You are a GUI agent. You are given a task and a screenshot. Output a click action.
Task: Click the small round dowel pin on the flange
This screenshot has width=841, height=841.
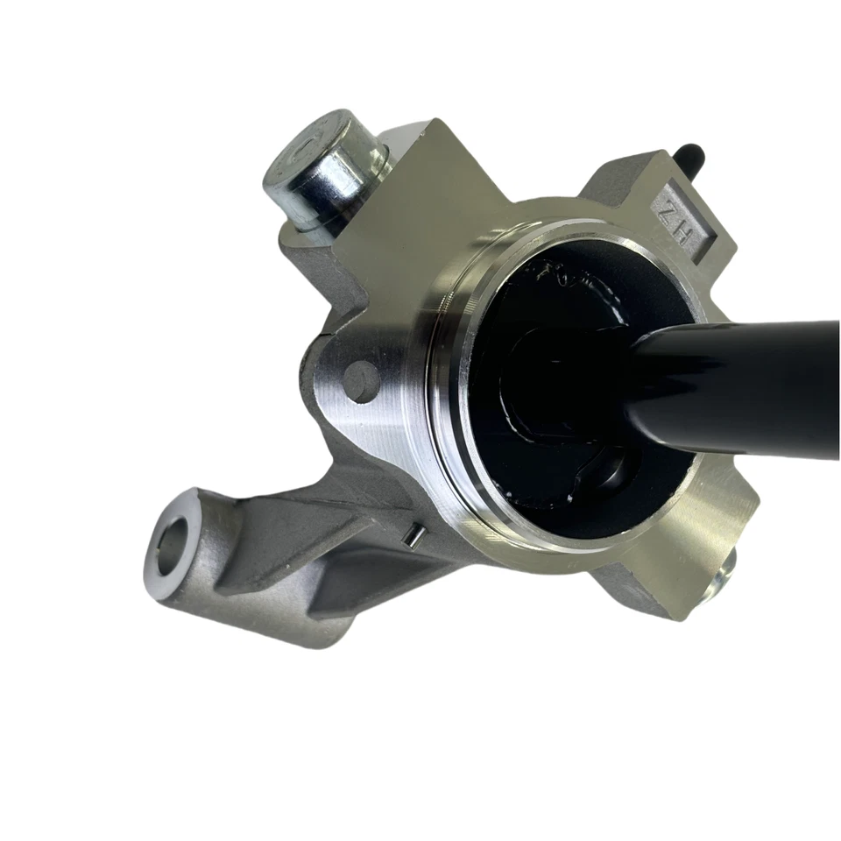tap(361, 378)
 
